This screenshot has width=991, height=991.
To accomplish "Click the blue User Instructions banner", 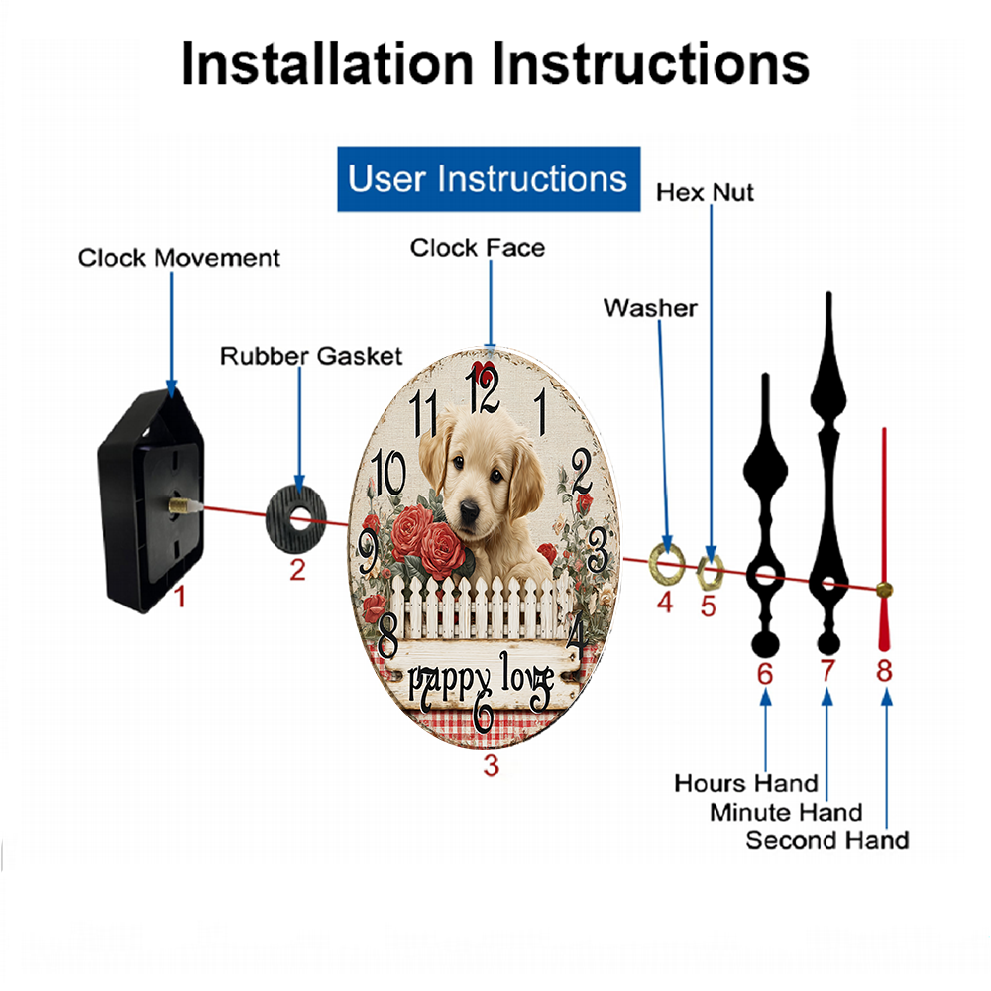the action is click(x=489, y=178).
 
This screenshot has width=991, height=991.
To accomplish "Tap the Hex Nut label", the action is click(x=705, y=193).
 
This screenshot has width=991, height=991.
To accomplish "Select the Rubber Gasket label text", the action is click(x=311, y=356).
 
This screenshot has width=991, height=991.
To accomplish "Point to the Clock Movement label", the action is click(x=178, y=258).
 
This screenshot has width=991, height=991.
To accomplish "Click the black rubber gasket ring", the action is click(x=295, y=521).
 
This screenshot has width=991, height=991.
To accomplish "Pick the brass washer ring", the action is click(x=667, y=561).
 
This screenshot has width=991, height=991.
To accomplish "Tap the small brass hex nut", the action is click(x=710, y=572).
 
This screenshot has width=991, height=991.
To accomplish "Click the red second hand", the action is click(x=884, y=539).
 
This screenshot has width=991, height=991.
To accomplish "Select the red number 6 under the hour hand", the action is click(x=765, y=674).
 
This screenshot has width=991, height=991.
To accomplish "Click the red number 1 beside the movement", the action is click(x=180, y=596).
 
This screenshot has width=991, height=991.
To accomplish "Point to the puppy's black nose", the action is click(x=469, y=510).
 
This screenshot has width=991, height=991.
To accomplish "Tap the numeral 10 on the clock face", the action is click(x=388, y=472).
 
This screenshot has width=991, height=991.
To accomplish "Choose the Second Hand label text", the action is click(x=827, y=840).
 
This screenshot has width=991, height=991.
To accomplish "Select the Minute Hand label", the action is click(x=786, y=813).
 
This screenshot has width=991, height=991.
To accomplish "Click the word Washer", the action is click(x=650, y=308).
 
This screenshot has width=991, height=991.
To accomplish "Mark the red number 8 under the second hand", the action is click(x=884, y=671).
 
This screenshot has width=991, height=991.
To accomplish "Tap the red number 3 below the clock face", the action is click(x=492, y=765).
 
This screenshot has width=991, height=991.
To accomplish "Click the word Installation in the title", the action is click(x=327, y=63).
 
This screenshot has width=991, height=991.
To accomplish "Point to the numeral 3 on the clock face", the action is click(x=598, y=550).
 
